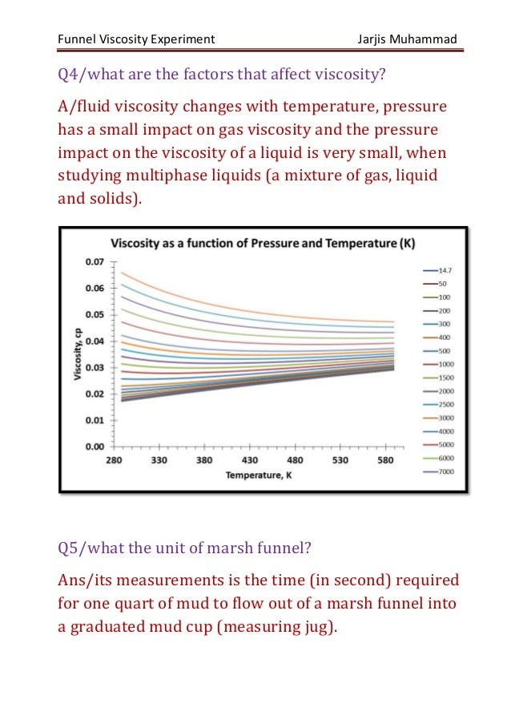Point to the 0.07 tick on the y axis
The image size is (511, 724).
95,261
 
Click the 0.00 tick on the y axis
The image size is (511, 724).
95,447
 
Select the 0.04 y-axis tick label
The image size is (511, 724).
95,341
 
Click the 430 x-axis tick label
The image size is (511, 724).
249,460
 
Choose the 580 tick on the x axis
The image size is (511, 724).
386,460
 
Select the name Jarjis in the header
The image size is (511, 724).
375,39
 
